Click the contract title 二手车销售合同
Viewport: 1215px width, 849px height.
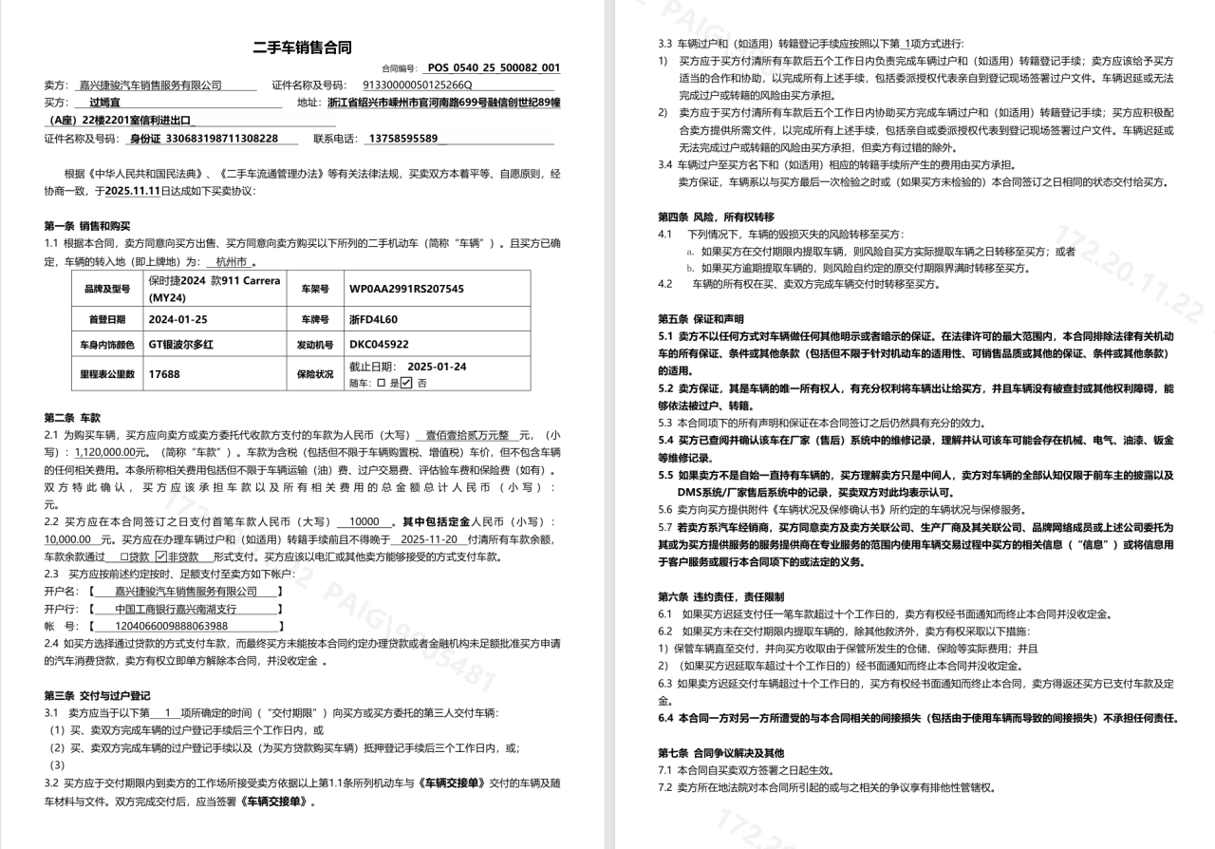[302, 47]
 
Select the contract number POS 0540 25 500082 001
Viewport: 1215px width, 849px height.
[494, 68]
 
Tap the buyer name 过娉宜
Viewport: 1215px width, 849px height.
[104, 103]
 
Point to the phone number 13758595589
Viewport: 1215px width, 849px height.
[402, 139]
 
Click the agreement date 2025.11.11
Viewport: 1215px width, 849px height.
[134, 191]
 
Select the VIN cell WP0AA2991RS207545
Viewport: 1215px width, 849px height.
[406, 288]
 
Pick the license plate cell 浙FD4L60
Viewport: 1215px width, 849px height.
[373, 319]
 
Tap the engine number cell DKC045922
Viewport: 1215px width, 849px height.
[379, 345]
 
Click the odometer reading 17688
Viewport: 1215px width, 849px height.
[164, 374]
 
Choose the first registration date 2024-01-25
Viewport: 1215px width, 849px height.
[178, 319]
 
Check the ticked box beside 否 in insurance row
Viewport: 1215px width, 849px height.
[406, 383]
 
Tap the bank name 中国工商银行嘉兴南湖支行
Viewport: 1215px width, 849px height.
[176, 609]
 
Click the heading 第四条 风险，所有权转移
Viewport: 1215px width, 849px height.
[716, 217]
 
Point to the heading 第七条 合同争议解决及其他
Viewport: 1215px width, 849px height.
[721, 753]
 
